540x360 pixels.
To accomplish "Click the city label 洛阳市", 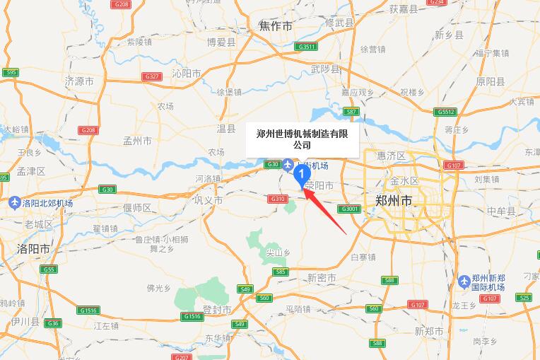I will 34,249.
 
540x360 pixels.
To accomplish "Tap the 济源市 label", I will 79,81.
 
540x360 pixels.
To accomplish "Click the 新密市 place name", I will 322,278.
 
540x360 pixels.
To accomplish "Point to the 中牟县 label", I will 502,210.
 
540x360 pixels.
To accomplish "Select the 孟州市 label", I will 137,141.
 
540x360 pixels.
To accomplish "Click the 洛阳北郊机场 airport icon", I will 15,203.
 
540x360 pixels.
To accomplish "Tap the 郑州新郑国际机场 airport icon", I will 464,281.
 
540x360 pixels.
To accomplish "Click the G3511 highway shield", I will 307,47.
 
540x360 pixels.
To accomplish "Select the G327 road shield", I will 151,76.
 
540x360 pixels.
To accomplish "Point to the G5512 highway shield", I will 446,112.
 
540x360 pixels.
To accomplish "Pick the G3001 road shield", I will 350,209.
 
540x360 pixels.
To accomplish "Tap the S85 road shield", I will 281,272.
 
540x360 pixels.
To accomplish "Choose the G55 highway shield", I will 49,269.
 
